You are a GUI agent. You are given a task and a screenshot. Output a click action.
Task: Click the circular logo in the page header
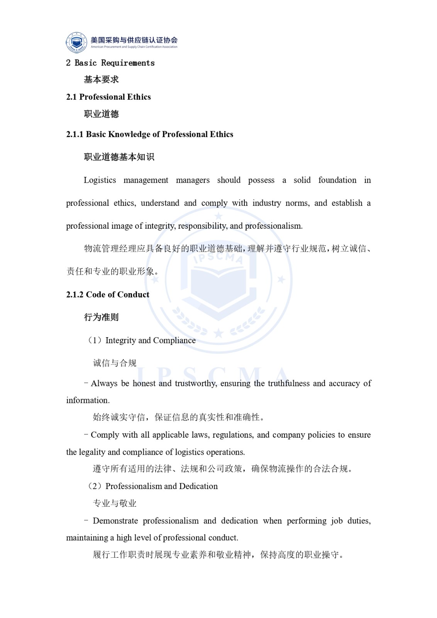click(x=76, y=42)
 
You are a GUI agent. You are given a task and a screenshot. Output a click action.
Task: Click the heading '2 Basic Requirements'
click(x=110, y=63)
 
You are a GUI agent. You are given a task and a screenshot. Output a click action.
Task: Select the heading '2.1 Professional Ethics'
click(x=108, y=97)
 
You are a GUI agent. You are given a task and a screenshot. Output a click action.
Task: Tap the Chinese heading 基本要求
click(x=101, y=80)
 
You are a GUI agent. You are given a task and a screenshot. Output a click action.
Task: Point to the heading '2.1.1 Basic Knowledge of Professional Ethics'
click(x=149, y=134)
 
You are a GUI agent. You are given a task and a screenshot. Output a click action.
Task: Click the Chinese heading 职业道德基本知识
click(x=119, y=157)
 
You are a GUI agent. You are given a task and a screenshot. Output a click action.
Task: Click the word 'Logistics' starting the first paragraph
click(x=100, y=180)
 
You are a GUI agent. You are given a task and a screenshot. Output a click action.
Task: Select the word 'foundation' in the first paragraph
click(x=337, y=180)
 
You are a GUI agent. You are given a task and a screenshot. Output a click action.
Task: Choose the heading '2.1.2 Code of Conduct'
click(x=107, y=295)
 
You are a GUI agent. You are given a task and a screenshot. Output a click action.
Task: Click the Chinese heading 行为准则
click(x=101, y=317)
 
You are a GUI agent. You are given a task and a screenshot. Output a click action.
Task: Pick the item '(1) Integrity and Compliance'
click(x=142, y=340)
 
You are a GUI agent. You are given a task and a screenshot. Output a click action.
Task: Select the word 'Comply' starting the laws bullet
click(x=105, y=435)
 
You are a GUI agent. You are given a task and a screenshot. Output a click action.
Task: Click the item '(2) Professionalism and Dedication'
click(x=153, y=486)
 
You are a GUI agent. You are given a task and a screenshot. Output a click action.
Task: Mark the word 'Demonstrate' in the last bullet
click(x=115, y=521)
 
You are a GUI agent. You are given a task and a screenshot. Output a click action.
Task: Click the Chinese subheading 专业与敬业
click(x=115, y=503)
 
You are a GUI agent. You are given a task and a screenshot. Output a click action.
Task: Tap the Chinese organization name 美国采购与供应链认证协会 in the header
click(x=134, y=40)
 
